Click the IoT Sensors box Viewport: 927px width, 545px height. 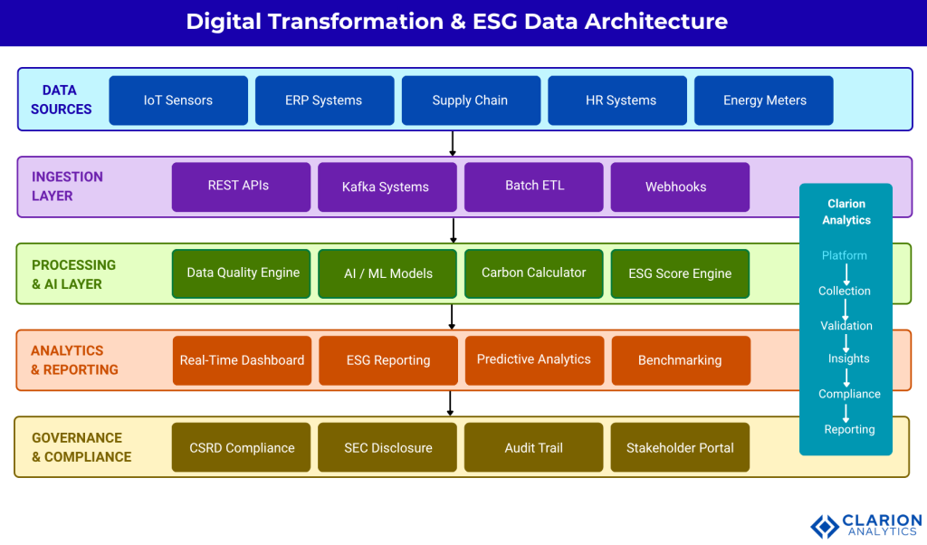178,100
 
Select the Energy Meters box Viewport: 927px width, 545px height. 764,100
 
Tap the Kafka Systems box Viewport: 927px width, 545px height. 386,186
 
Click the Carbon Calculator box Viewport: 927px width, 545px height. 533,272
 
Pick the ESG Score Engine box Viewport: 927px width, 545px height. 680,273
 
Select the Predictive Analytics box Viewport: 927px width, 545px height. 533,359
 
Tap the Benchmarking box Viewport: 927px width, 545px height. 680,360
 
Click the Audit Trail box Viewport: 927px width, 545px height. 533,447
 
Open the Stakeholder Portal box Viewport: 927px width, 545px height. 680,447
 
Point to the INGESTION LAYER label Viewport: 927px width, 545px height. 67,186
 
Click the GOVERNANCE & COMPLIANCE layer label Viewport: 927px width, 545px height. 81,447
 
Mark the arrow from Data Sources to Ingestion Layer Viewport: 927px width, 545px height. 453,143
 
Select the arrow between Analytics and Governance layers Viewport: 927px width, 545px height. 451,403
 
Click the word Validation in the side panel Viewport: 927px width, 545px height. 846,326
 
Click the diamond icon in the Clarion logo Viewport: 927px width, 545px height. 824,526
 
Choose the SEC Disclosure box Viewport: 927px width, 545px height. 387,447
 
